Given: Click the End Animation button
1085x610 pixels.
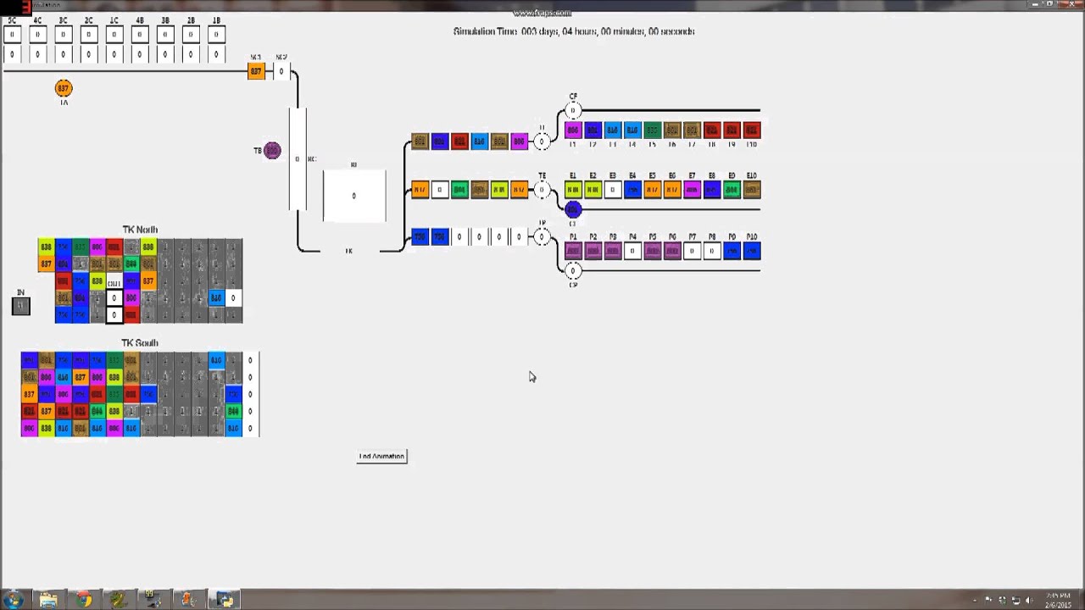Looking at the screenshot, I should (381, 457).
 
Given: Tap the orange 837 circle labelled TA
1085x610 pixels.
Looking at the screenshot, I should (63, 88).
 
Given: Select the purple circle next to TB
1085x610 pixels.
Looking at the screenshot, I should (272, 151).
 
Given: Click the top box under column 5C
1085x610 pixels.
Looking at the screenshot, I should (12, 35).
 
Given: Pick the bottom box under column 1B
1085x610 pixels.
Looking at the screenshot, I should (216, 54).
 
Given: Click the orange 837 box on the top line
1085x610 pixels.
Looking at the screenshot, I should (256, 71).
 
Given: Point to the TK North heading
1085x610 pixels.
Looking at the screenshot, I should (140, 230).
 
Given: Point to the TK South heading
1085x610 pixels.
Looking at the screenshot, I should (140, 343).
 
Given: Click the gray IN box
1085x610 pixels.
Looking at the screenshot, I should (21, 306).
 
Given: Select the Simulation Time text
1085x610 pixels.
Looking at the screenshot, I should (574, 31).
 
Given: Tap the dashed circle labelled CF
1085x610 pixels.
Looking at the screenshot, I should (573, 111).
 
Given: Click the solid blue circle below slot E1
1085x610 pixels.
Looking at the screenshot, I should (573, 209).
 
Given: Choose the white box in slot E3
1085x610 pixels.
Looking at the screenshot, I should (613, 190).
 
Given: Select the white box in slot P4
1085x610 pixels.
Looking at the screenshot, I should (632, 251).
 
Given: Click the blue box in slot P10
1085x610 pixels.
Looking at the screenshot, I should (752, 251).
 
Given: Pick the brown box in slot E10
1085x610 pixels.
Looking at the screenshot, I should (752, 190).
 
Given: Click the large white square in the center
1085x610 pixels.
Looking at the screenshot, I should (354, 196).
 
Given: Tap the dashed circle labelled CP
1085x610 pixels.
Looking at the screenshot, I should (573, 271).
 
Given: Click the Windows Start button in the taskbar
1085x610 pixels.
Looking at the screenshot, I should (14, 600).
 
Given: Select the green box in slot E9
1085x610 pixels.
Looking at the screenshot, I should (732, 190).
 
